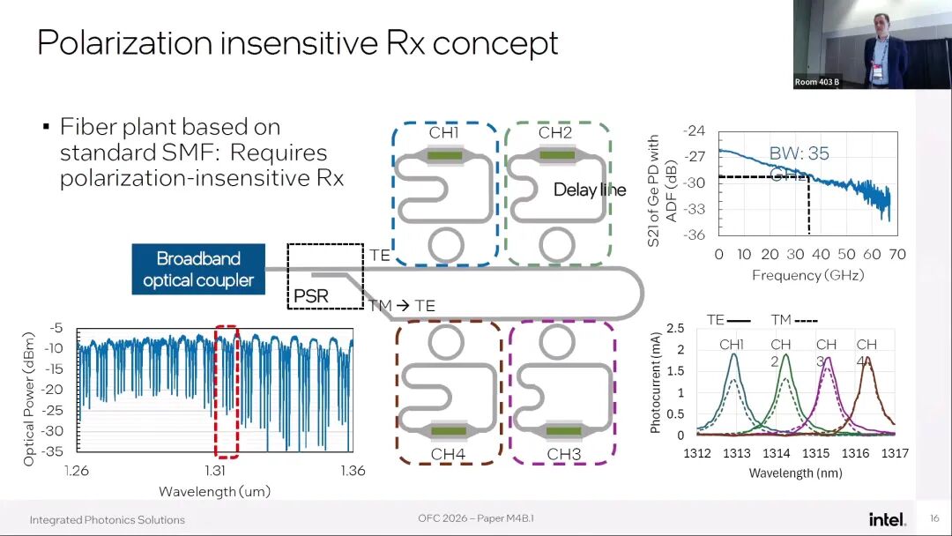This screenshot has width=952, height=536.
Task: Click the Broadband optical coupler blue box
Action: point(198,269)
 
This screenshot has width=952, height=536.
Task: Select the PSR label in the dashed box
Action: point(309,295)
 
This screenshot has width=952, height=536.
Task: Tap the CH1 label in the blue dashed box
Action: point(443,133)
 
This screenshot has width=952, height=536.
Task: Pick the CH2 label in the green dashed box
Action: point(555,133)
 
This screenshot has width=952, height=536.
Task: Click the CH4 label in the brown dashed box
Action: point(449,455)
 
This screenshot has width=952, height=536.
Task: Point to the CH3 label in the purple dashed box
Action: point(564,455)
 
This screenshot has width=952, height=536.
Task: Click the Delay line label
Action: point(590,190)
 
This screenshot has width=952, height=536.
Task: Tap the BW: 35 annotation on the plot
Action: point(800,153)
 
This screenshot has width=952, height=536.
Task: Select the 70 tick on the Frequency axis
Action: point(897,255)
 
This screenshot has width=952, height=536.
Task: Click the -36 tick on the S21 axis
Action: point(694,234)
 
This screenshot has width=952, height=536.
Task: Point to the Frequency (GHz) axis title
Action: point(807,275)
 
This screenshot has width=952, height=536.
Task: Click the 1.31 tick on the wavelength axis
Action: point(215,471)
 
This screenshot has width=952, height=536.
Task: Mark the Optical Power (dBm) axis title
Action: point(30,393)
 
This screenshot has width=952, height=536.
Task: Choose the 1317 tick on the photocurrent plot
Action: point(895,454)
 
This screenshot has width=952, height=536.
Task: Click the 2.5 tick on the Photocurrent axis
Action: point(675,329)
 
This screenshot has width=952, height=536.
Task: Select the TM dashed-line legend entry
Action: point(793,320)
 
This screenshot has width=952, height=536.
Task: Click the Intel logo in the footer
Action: point(887,519)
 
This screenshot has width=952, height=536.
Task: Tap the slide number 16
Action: point(934,518)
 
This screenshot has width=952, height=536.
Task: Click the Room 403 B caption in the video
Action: point(817,82)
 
